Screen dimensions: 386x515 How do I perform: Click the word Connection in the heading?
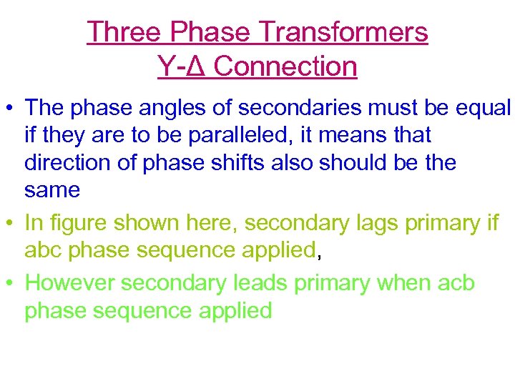click(x=285, y=66)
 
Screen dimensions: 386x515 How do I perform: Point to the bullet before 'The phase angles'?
click(x=11, y=108)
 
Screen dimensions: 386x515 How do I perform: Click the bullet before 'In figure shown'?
click(x=11, y=223)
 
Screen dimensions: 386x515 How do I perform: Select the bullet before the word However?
click(x=11, y=283)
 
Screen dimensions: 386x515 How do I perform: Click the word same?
click(x=51, y=190)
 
